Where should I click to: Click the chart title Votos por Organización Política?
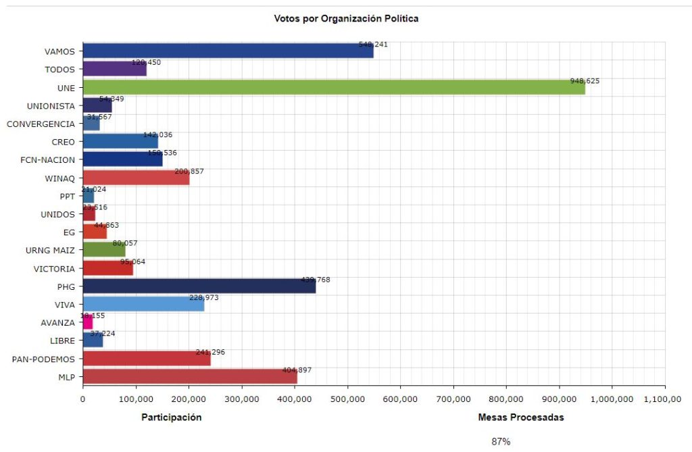pyautogui.click(x=346, y=18)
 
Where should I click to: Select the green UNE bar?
pyautogui.click(x=334, y=87)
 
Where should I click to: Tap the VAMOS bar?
pyautogui.click(x=228, y=51)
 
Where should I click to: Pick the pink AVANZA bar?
pyautogui.click(x=88, y=322)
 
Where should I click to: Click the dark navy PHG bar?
pyautogui.click(x=199, y=286)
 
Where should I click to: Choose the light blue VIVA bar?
pyautogui.click(x=143, y=304)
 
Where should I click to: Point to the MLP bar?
pyautogui.click(x=190, y=377)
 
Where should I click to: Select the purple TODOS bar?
pyautogui.click(x=115, y=69)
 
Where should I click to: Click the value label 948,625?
pyautogui.click(x=585, y=81)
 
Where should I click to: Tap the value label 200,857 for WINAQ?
pyautogui.click(x=189, y=172)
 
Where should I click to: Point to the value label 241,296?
pyautogui.click(x=211, y=353)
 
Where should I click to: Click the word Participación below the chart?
pyautogui.click(x=171, y=418)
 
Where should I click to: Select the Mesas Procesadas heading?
pyautogui.click(x=520, y=418)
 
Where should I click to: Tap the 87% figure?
pyautogui.click(x=501, y=442)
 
